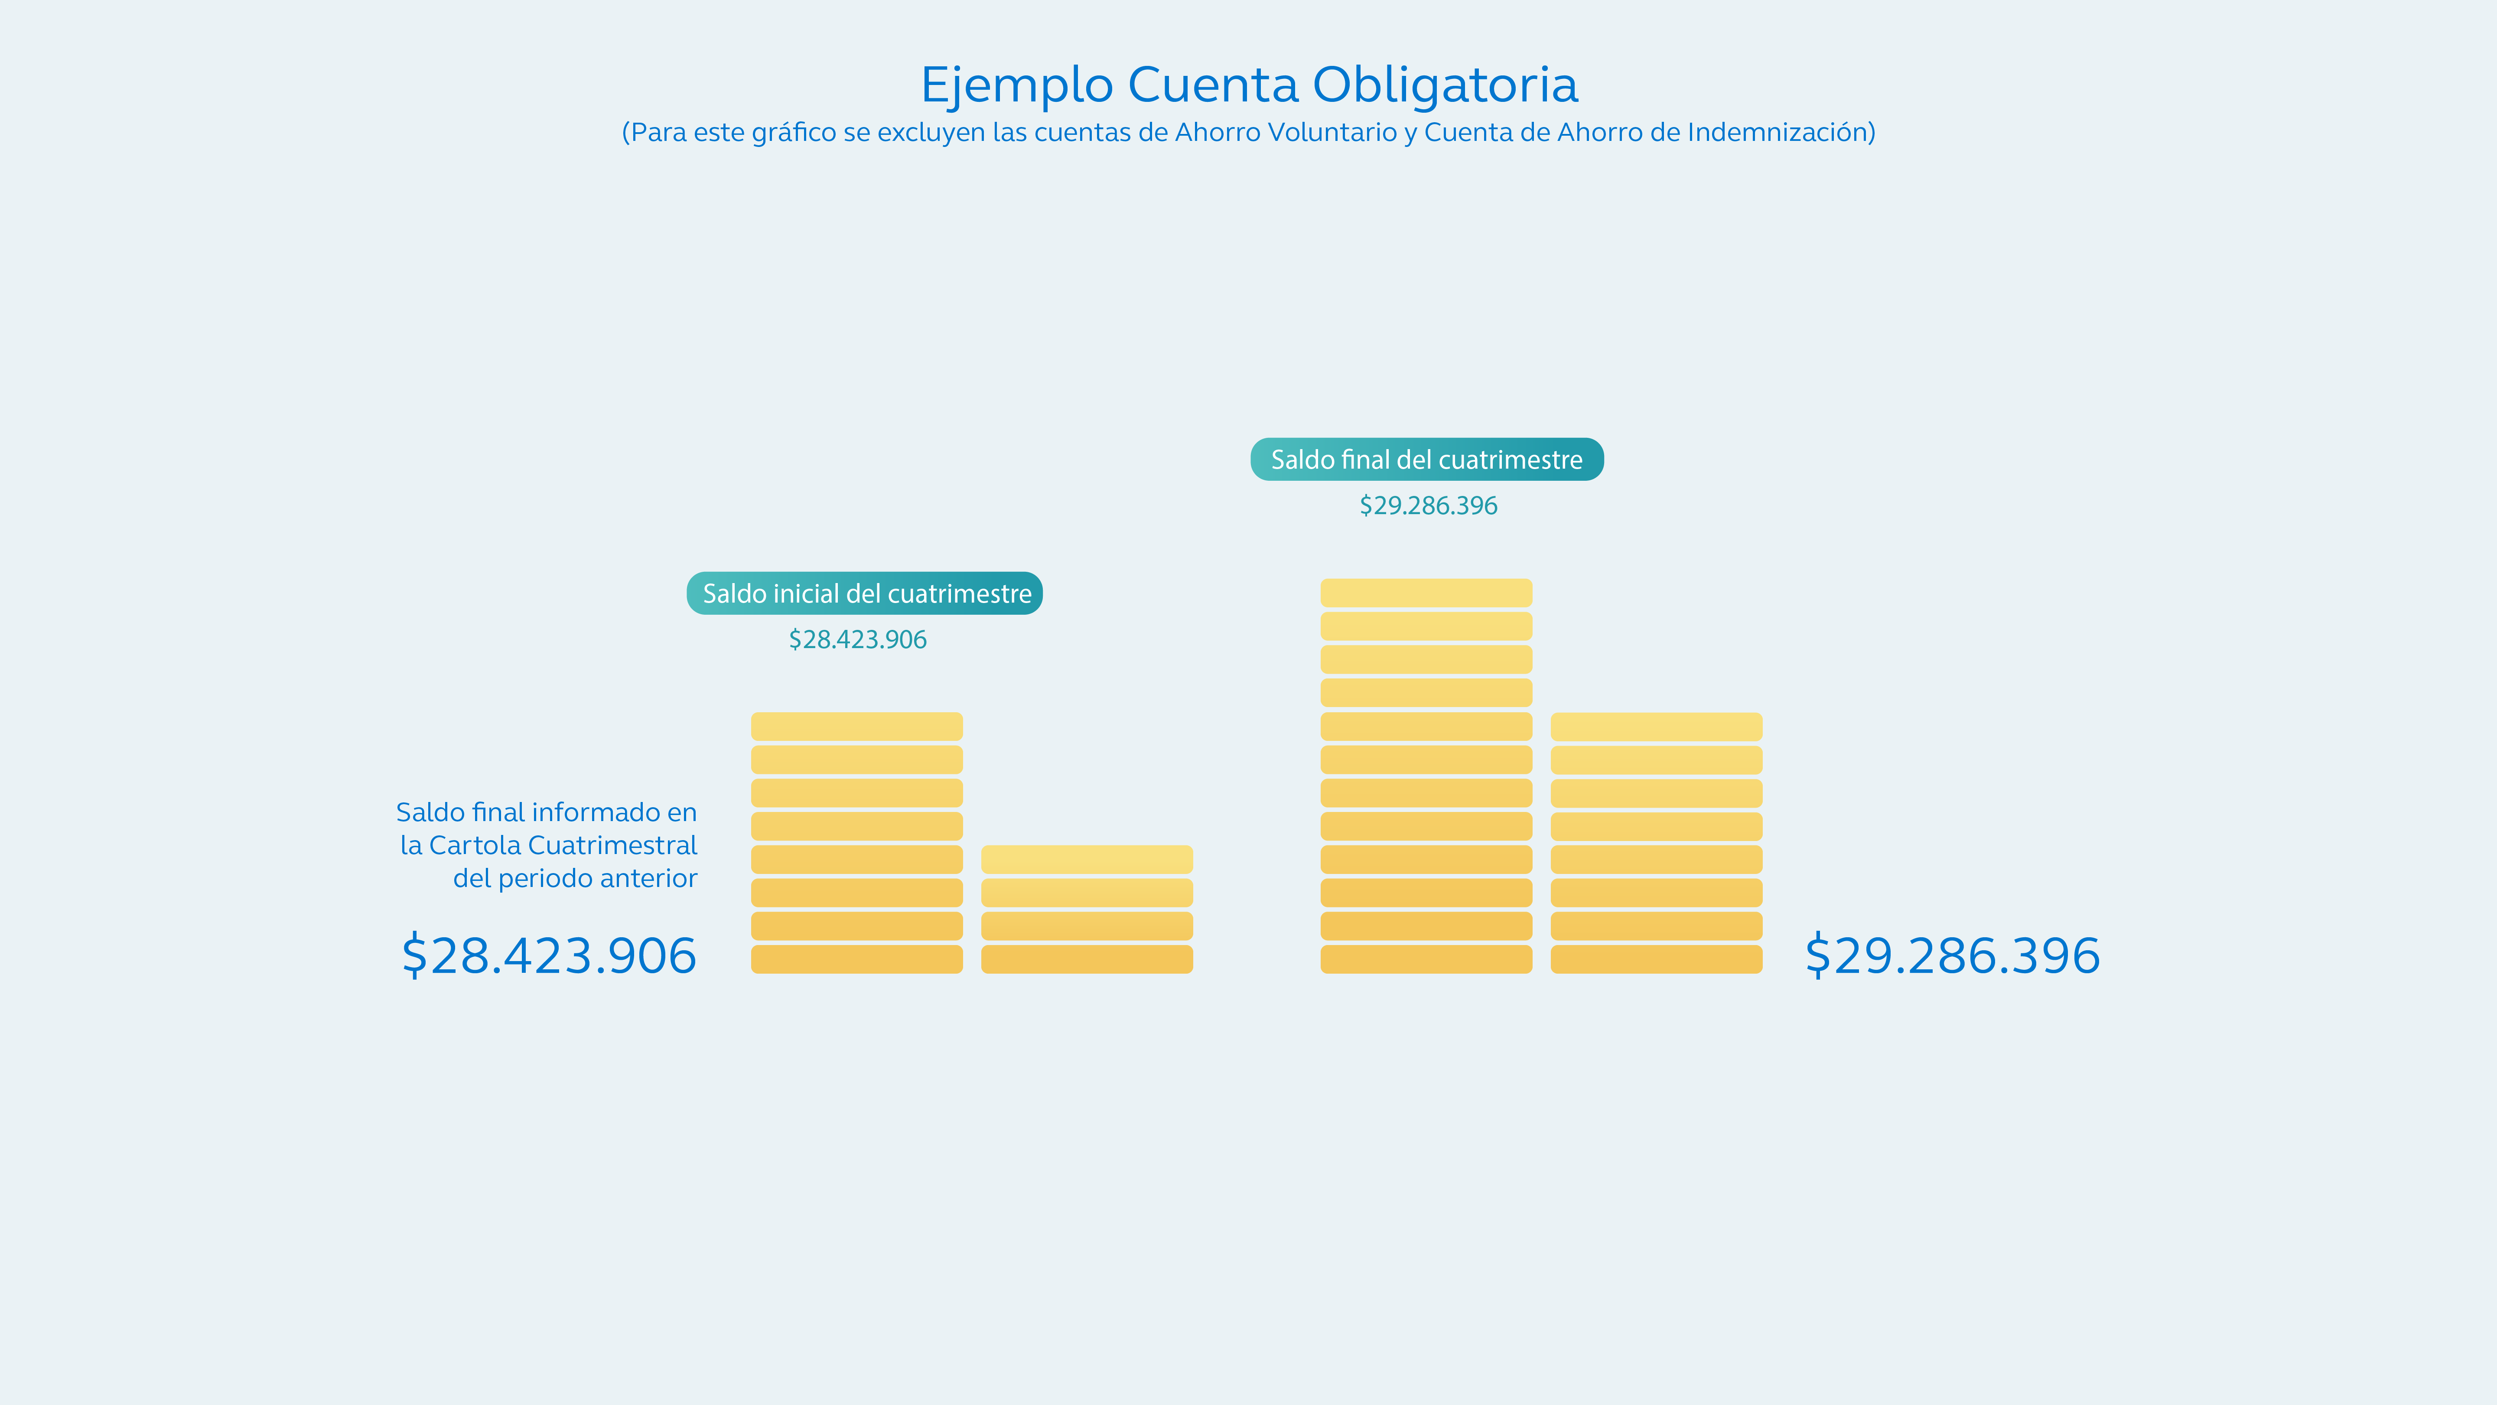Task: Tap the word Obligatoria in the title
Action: click(1444, 85)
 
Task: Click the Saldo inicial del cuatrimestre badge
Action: click(865, 593)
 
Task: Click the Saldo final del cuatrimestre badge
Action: click(1427, 460)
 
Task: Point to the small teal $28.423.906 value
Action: click(858, 640)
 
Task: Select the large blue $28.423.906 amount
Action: click(549, 956)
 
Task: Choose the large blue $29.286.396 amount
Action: click(1952, 956)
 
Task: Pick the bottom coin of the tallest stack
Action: click(1426, 959)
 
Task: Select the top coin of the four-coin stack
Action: click(1087, 859)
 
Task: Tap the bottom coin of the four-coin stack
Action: click(1087, 959)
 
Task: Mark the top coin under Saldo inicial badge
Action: click(857, 726)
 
